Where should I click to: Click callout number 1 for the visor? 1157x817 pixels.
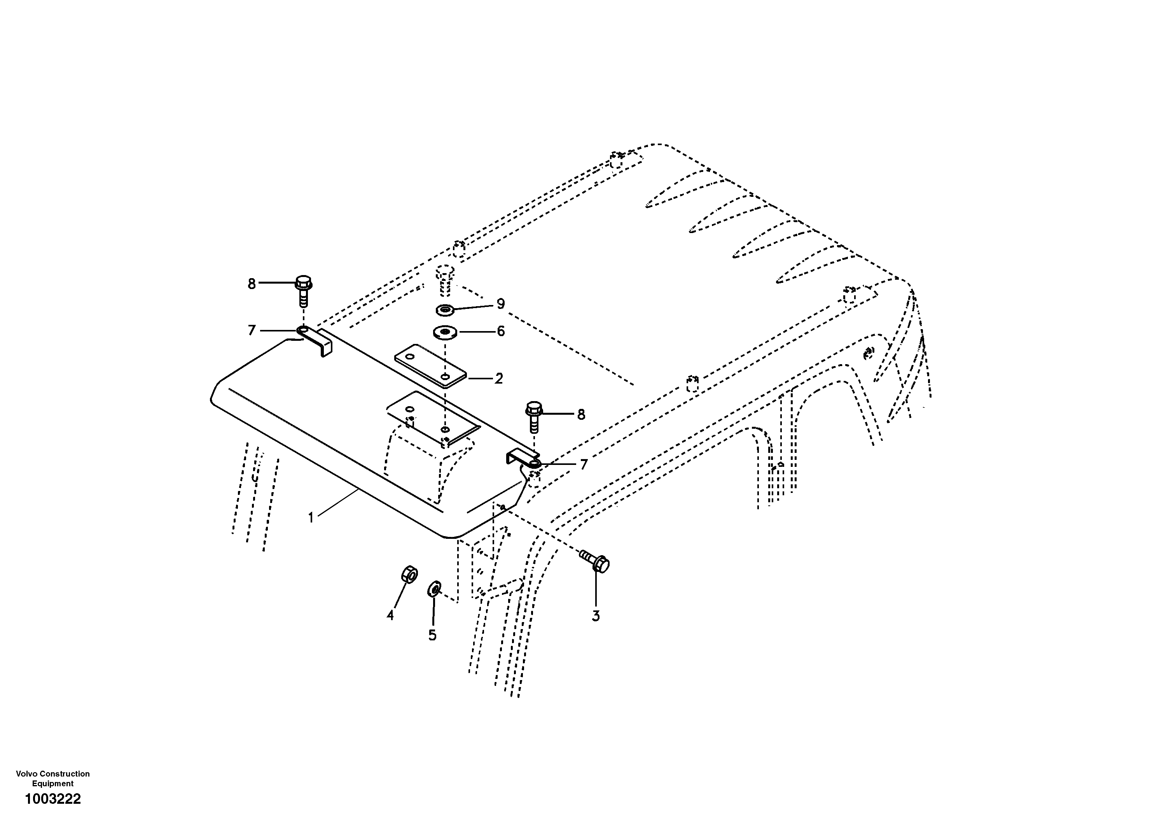coord(311,518)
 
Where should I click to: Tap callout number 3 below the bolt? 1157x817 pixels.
coord(596,616)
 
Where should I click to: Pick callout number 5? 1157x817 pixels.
coord(432,635)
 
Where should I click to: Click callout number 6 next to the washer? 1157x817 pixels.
coord(500,331)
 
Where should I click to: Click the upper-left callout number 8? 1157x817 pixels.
coord(252,284)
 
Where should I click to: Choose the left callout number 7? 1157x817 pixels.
coord(252,330)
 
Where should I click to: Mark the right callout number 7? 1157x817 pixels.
coord(584,465)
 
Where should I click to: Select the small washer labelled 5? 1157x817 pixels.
coord(434,589)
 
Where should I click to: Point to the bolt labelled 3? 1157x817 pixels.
coord(596,561)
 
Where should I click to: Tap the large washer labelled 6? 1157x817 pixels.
coord(444,332)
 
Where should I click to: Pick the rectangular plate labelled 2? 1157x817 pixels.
coord(431,366)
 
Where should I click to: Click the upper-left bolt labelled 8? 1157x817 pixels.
coord(303,290)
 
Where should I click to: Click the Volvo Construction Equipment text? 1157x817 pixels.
coord(53,778)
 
